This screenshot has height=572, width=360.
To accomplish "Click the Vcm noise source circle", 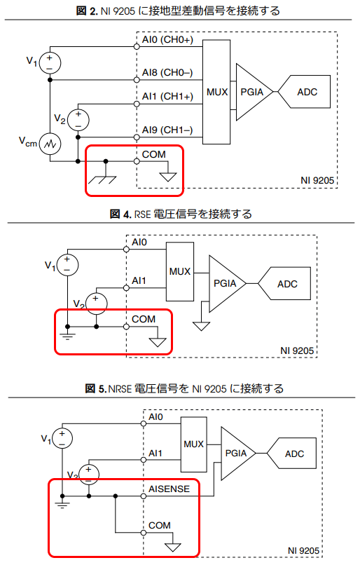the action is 50,144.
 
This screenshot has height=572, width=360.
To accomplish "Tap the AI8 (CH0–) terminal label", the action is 167,73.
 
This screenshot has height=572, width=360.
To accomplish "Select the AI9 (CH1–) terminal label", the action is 167,130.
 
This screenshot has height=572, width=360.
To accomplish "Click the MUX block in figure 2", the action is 216,92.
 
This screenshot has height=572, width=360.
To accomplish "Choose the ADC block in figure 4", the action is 284,283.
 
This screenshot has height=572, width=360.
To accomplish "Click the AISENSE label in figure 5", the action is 169,489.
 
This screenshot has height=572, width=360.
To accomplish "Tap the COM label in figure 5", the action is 160,525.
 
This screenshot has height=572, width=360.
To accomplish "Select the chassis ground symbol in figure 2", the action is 103,175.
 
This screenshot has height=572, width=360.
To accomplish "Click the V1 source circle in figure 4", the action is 67,264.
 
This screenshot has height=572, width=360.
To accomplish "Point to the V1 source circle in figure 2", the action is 50,63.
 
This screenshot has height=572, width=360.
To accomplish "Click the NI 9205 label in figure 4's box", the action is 297,351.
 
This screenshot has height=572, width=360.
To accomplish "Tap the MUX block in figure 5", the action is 194,444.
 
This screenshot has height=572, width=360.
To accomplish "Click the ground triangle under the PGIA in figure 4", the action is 202,326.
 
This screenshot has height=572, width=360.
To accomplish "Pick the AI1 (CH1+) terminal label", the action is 167,96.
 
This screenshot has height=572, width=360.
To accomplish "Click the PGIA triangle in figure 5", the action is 237,454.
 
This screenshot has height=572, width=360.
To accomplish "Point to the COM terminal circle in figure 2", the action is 137,161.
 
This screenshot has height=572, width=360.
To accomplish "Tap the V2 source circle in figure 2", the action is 78,120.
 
